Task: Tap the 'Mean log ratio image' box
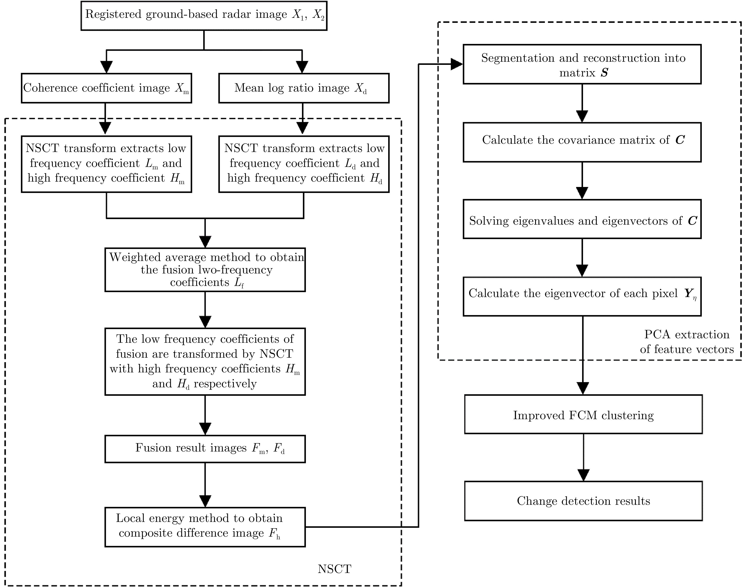pos(304,88)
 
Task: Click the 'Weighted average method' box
pos(205,270)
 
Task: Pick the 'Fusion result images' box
pos(205,449)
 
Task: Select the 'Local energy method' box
pos(205,527)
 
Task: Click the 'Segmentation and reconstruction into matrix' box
pos(582,64)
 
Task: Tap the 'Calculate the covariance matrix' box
pos(582,142)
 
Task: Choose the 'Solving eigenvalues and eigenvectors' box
pos(582,219)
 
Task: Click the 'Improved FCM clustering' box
pos(583,414)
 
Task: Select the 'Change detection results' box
pos(583,501)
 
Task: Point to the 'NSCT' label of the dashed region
pos(334,569)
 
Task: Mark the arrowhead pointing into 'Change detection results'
pos(583,475)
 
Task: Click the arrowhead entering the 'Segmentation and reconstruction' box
pos(457,64)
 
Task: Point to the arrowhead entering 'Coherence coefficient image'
pos(107,67)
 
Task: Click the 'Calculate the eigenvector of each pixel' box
pos(582,296)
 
